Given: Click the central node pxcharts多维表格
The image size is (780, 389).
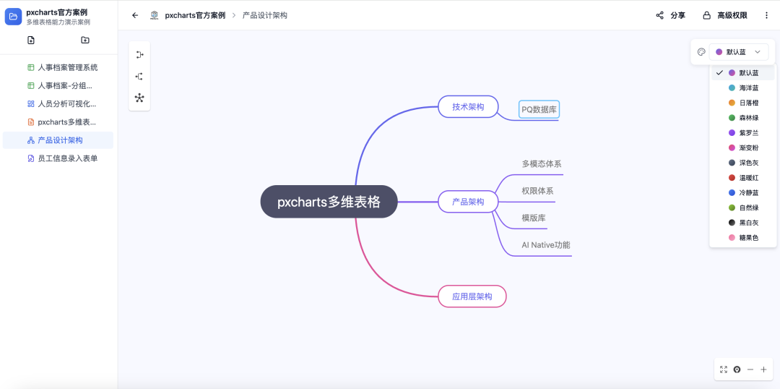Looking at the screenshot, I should point(329,202).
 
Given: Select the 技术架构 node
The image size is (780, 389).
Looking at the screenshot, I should point(468,107).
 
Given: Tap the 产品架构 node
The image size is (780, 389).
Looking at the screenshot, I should point(468,202).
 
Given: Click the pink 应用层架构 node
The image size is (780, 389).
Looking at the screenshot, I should point(472,296).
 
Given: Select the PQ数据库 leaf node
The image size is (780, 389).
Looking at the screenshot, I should point(539,110).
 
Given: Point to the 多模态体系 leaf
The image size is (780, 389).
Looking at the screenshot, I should point(542,164).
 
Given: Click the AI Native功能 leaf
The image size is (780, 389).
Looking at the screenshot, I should point(546,245).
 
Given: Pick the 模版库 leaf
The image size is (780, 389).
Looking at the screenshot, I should point(534,218).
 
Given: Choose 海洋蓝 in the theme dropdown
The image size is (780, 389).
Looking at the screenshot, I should point(748,87).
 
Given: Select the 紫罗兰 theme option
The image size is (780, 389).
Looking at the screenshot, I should point(748,133).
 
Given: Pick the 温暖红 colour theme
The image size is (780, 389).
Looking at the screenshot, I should point(748,178).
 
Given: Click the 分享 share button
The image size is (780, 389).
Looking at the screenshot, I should point(670,15).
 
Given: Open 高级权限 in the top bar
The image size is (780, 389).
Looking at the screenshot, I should point(725,15).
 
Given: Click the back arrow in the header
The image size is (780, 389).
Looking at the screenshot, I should point(135,15).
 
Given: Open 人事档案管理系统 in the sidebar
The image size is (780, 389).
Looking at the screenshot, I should point(67,67).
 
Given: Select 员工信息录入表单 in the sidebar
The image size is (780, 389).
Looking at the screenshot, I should point(67,158).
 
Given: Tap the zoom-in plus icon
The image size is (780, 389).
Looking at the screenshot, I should point(763,369).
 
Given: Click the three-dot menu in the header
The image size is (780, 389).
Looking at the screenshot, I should point(766,15).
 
